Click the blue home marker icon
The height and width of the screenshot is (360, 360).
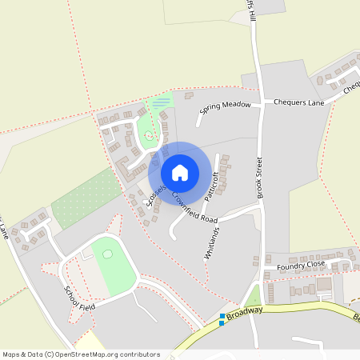[180, 172]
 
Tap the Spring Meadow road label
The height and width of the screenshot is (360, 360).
[226, 108]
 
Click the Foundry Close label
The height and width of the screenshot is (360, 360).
[300, 265]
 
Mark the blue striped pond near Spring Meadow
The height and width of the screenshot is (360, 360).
[162, 102]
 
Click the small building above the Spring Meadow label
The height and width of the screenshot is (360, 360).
[190, 96]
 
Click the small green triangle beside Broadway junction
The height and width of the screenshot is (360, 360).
[254, 297]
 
